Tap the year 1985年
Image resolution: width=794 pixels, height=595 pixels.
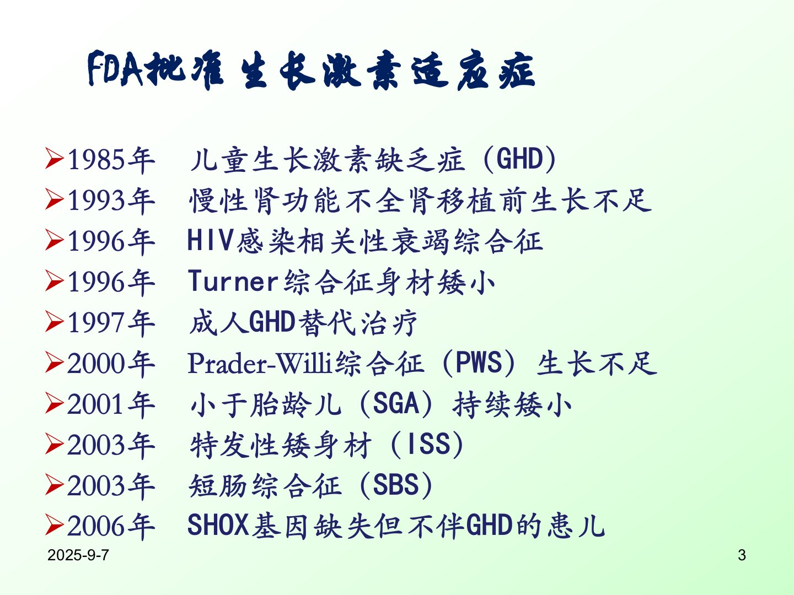click(111, 160)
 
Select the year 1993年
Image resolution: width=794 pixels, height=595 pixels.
click(111, 201)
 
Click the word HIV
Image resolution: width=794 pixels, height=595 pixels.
click(210, 240)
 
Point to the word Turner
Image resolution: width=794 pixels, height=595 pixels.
click(233, 281)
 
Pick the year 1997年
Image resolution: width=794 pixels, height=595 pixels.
click(111, 323)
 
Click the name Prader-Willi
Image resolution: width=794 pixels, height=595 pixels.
click(260, 363)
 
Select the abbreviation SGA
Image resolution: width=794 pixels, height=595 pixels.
click(396, 403)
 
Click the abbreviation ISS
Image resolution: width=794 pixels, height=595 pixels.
click(428, 444)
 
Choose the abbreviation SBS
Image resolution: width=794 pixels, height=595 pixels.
click(396, 485)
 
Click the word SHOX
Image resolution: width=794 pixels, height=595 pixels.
click(218, 525)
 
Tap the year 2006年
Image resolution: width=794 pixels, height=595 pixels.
click(111, 526)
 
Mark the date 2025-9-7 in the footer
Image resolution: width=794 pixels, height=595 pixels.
click(78, 555)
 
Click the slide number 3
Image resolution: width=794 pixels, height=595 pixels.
click(742, 555)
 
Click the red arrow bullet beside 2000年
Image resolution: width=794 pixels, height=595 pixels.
click(55, 363)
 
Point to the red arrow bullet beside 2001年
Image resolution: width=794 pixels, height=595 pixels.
click(55, 403)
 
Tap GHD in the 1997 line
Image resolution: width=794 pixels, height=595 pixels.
click(272, 322)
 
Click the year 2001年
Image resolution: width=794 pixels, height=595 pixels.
click(111, 404)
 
